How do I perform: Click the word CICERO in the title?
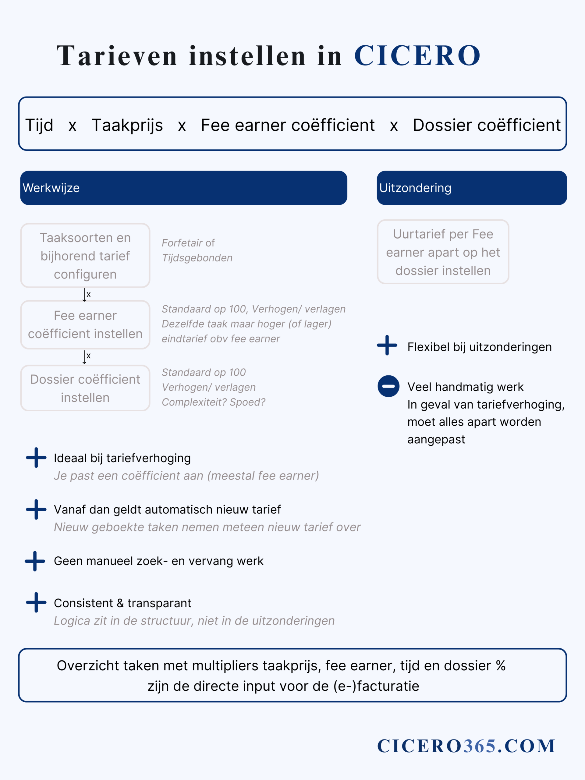point(417,56)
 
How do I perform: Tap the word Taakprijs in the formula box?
point(127,125)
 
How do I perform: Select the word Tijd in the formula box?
point(39,125)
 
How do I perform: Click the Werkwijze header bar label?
point(51,188)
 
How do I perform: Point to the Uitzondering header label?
point(415,188)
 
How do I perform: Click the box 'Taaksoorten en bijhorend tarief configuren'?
point(85,256)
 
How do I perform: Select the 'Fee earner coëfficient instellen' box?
point(85,324)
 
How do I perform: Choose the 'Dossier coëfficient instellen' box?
point(85,388)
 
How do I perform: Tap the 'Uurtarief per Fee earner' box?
point(443,252)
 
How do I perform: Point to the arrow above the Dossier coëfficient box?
point(84,357)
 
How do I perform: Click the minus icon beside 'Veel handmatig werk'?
point(388,386)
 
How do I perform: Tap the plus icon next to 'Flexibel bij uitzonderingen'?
point(387,345)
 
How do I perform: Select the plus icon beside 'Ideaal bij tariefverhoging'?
point(36,458)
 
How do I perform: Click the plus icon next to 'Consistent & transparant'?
point(36,603)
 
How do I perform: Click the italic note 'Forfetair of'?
point(188,243)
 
